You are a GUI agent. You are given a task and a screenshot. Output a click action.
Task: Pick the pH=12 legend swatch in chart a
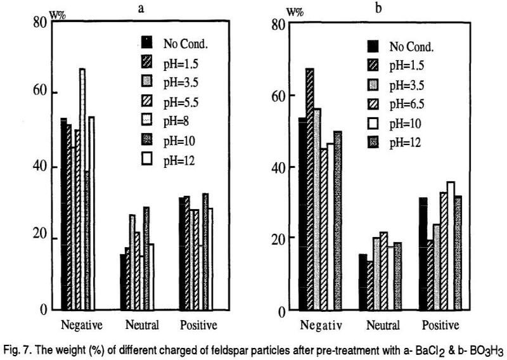[x=146, y=160]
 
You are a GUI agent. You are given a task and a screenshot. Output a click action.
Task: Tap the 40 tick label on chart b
[x=278, y=167]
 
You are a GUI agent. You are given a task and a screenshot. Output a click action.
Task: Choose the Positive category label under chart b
[x=441, y=325]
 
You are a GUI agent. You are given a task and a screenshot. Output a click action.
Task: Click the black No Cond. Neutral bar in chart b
[x=363, y=282]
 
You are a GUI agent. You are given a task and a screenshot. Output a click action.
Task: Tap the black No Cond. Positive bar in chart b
[x=423, y=254]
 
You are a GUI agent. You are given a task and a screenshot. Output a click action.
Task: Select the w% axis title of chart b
[x=295, y=11]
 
